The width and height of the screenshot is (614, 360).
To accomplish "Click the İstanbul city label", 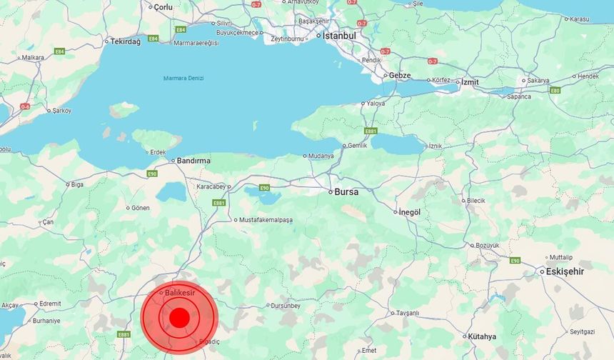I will [x=339, y=35].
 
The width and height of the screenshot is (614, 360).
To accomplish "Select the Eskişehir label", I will [x=565, y=271].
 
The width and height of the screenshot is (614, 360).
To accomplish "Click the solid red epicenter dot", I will [x=179, y=317].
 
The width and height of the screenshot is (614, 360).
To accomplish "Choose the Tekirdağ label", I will [x=126, y=41].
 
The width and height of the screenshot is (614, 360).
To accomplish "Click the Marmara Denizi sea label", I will [x=183, y=78].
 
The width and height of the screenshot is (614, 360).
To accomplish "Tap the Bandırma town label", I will [x=194, y=161].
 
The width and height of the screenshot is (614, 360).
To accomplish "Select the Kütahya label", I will [x=482, y=336].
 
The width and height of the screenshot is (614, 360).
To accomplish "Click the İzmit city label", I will [x=470, y=82].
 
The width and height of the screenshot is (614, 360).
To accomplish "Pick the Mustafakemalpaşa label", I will [x=266, y=219].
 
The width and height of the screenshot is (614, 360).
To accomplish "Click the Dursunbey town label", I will [x=286, y=306].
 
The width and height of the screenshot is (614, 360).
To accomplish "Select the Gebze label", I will [x=398, y=75].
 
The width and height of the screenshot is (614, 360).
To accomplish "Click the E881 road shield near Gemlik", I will [x=370, y=131].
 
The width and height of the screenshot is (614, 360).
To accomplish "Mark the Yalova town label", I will [x=376, y=104].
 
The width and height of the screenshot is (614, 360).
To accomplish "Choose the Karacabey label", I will [x=211, y=186].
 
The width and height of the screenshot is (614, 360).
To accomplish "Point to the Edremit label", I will [x=50, y=304].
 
